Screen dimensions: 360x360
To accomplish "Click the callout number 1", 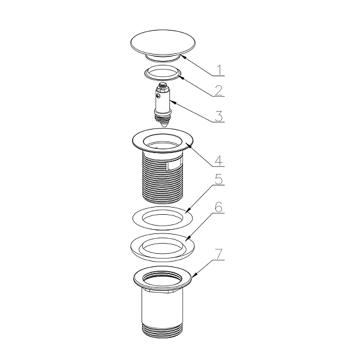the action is [x=219, y=70].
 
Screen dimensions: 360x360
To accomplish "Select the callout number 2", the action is [x=219, y=91].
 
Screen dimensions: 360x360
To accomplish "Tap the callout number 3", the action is [x=219, y=116].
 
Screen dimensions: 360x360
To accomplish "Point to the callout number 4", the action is [x=219, y=160].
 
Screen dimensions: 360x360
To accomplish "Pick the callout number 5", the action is [x=219, y=179].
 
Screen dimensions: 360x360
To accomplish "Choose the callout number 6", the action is [x=219, y=208].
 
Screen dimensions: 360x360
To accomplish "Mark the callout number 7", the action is [x=219, y=254].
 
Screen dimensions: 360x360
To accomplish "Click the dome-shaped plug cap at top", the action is [x=163, y=45].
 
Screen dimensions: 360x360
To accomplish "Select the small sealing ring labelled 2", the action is [x=163, y=73].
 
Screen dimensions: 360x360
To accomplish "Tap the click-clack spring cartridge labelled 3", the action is [x=163, y=104].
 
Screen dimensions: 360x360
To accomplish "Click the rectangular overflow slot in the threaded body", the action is [x=174, y=166].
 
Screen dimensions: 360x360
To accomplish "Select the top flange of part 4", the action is [x=163, y=140].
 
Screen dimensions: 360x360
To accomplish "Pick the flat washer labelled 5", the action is [x=163, y=218].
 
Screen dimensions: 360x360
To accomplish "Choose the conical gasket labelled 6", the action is [x=163, y=248].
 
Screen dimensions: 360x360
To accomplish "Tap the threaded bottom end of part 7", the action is [x=163, y=331].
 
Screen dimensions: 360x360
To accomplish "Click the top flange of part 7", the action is [x=163, y=278].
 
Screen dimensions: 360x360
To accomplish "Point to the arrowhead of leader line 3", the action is [x=172, y=102].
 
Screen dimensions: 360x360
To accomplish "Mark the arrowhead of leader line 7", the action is [x=194, y=275].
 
